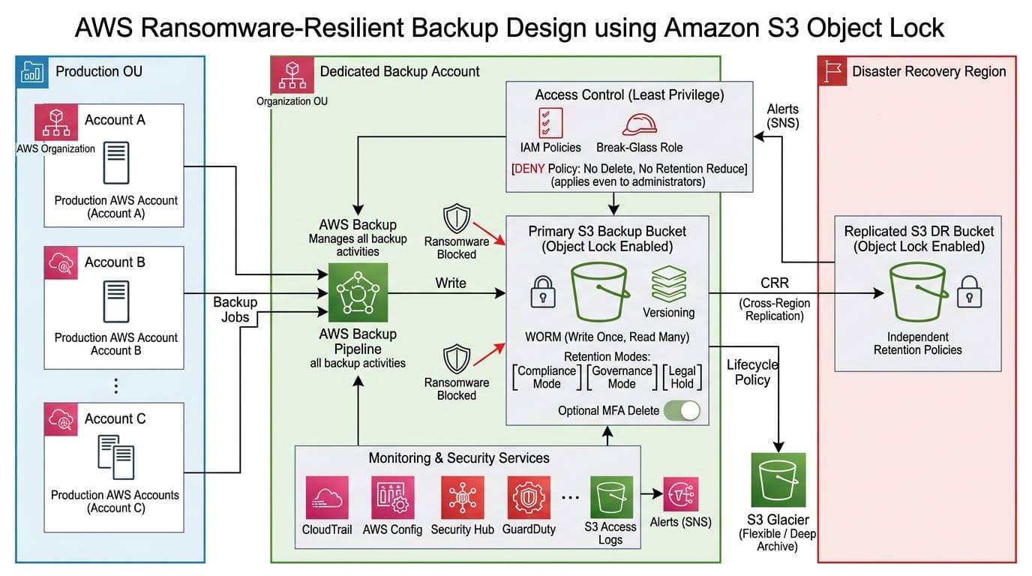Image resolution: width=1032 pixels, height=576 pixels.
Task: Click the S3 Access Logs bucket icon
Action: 611,496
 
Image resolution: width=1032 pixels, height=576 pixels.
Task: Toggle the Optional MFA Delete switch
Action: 681,410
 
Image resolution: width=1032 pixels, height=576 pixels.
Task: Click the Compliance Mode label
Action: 547,377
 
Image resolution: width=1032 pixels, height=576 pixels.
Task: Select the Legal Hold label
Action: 682,377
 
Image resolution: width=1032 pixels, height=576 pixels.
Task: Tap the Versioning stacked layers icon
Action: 668,283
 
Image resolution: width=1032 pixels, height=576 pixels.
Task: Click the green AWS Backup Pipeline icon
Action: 358,292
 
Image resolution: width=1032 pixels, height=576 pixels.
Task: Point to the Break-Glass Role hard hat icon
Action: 639,124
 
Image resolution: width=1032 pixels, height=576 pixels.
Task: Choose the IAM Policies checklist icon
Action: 550,122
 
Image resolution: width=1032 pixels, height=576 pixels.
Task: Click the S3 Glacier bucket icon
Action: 778,480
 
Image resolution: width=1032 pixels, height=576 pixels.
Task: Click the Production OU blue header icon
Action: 31,71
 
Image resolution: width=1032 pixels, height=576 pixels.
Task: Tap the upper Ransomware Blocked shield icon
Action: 455,220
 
